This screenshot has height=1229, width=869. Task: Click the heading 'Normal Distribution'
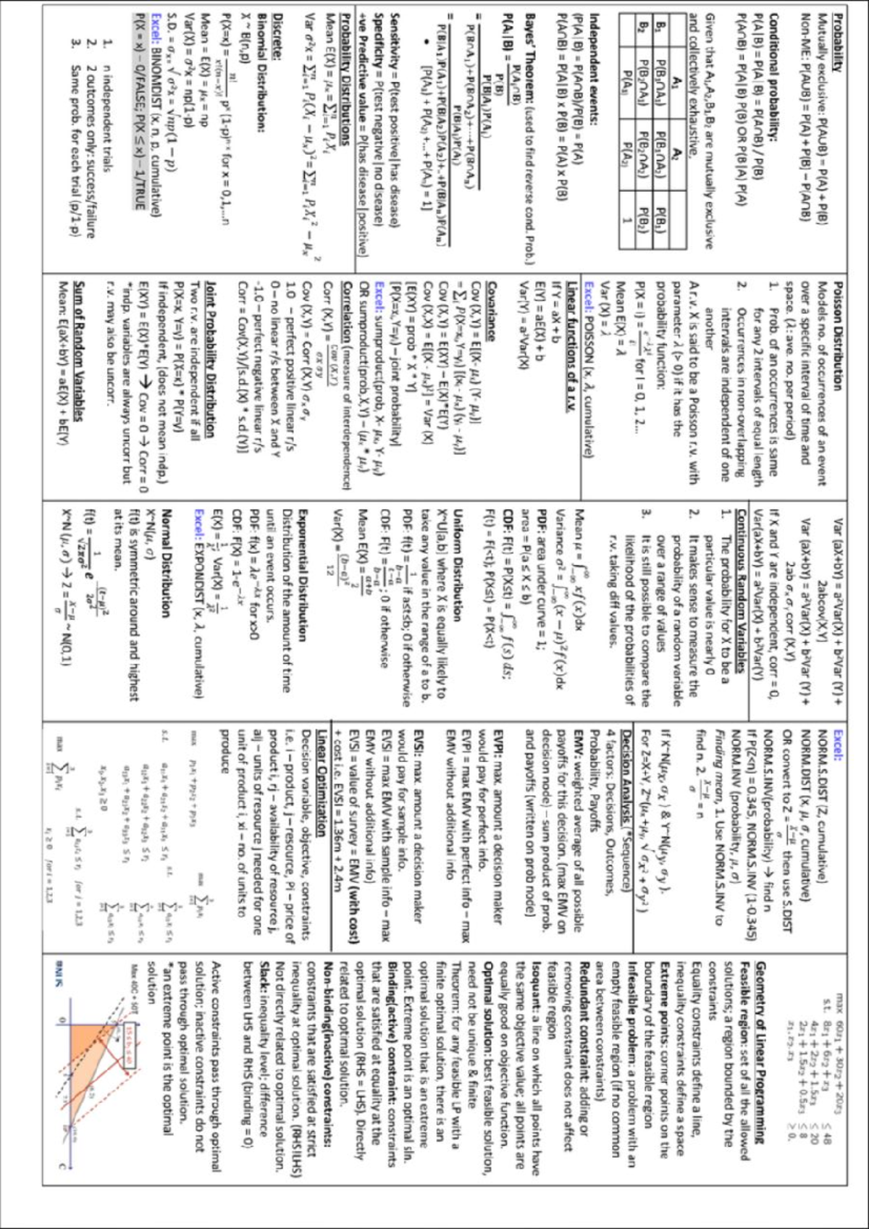[166, 562]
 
